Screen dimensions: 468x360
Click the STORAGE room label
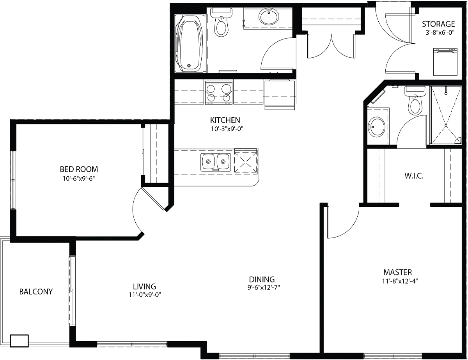pos(438,24)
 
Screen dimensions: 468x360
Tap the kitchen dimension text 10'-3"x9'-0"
pos(227,129)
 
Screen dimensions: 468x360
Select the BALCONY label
pos(36,291)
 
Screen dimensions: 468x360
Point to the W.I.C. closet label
pos(414,176)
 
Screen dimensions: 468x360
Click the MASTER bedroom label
pos(397,272)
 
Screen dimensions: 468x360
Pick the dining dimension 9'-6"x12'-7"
pos(264,287)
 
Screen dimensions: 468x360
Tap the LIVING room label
pos(145,286)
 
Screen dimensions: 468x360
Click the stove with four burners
pos(219,92)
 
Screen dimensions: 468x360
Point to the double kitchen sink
pos(216,162)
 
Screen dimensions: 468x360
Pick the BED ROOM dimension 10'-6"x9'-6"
pos(79,179)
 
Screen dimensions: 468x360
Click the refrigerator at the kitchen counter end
pos(280,94)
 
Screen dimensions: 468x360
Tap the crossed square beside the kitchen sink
pos(246,161)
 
